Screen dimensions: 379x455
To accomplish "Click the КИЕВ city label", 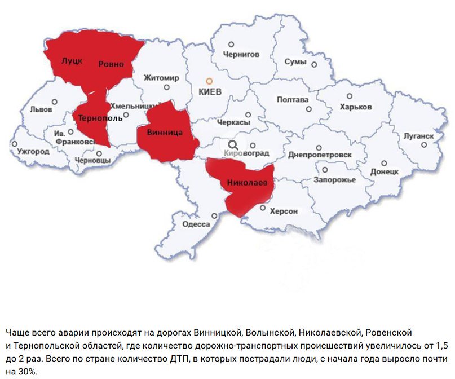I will click(x=210, y=91).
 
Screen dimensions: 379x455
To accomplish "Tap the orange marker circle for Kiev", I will click(x=209, y=81).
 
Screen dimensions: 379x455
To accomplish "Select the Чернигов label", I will click(x=241, y=55).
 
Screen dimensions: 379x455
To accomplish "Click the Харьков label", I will click(x=356, y=107).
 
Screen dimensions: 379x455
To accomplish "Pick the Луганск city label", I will click(x=419, y=136).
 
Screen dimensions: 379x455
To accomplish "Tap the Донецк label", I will click(x=385, y=171).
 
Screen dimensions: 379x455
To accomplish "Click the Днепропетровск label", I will click(x=320, y=155).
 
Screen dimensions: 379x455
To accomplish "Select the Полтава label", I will click(x=293, y=100).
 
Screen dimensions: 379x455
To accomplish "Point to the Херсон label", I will click(x=284, y=211).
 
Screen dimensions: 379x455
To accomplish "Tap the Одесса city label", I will click(x=196, y=224).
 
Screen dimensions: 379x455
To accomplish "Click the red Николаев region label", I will click(x=246, y=183).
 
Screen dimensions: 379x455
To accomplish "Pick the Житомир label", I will click(x=161, y=77).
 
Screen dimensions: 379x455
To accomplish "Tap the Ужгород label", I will click(x=33, y=152).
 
